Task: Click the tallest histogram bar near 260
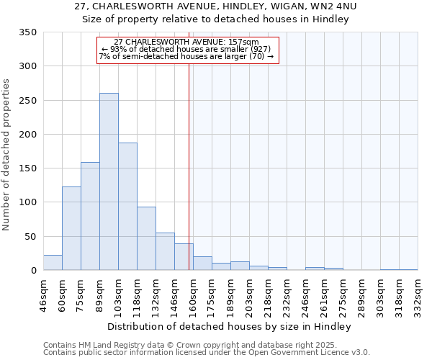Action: click(109, 181)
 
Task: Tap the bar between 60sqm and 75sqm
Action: click(71, 228)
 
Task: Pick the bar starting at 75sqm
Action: click(90, 216)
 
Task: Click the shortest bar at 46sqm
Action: click(53, 263)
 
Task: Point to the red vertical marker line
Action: click(189, 166)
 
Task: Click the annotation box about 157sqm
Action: click(187, 50)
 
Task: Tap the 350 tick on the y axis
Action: click(30, 32)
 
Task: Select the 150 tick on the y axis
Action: click(30, 168)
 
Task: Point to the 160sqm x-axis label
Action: click(194, 295)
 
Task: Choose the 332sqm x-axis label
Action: click(419, 295)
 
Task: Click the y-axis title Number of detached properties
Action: click(8, 155)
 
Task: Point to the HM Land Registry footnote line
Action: click(191, 345)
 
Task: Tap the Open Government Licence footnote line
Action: click(207, 353)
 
